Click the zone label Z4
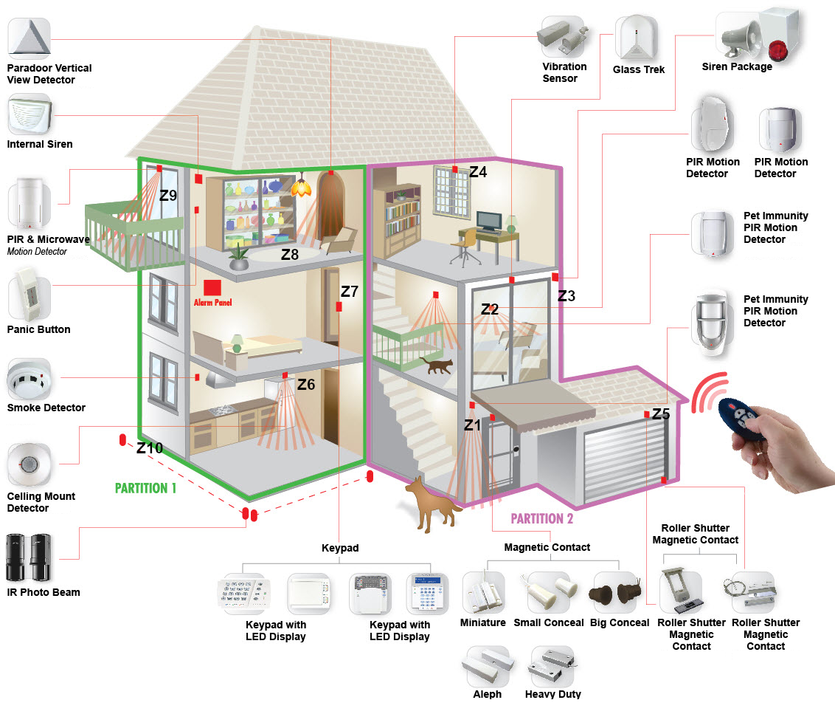click(x=478, y=172)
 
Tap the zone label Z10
click(x=150, y=447)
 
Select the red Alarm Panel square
click(x=212, y=288)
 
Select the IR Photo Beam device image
click(x=28, y=558)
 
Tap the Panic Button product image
click(x=29, y=301)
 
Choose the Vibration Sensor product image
click(x=564, y=36)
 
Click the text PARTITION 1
click(x=146, y=488)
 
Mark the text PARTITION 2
click(x=542, y=518)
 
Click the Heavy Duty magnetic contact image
click(x=552, y=667)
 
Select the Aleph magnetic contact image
click(x=487, y=667)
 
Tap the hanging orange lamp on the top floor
click(x=300, y=188)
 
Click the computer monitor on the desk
click(x=488, y=221)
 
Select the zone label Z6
click(x=306, y=384)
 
